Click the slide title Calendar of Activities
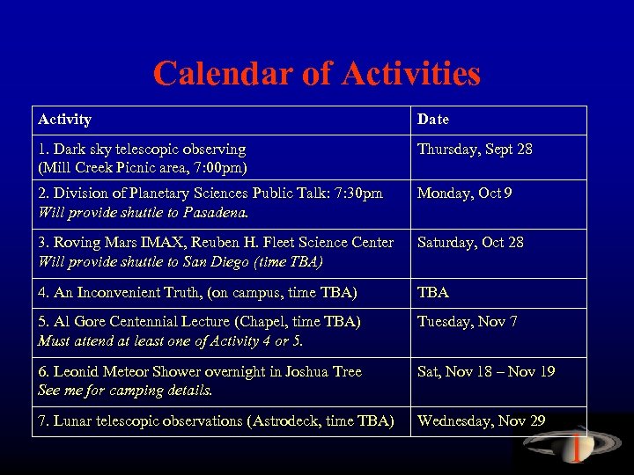click(x=317, y=73)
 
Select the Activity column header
click(x=64, y=119)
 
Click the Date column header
click(x=432, y=119)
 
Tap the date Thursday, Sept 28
click(x=475, y=150)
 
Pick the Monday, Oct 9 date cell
click(x=464, y=194)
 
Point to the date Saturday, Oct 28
click(x=470, y=243)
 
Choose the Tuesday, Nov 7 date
click(x=467, y=322)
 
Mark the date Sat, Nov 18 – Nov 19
click(x=486, y=372)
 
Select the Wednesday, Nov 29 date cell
click(x=481, y=421)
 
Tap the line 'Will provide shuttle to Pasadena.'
click(x=144, y=212)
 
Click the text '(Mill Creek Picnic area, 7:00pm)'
click(x=143, y=167)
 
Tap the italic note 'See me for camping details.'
click(x=125, y=390)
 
